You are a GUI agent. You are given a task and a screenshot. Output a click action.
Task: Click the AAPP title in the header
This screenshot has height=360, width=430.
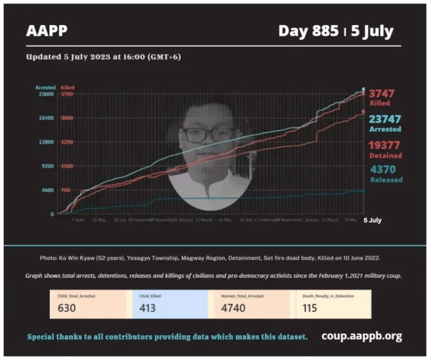(46, 30)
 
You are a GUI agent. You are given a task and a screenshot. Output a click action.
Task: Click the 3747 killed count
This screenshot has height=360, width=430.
(382, 93)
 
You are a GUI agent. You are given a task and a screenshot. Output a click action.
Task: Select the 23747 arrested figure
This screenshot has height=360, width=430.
(385, 119)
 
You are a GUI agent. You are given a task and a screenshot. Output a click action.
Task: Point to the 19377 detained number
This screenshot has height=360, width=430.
(385, 144)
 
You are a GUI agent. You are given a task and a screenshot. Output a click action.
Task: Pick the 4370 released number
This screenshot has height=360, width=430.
(386, 169)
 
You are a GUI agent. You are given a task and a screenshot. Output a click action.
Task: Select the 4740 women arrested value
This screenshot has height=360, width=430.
(232, 307)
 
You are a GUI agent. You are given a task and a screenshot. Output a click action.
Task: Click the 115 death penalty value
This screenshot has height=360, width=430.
(309, 307)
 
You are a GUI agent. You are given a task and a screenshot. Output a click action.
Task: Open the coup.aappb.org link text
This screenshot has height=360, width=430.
(362, 336)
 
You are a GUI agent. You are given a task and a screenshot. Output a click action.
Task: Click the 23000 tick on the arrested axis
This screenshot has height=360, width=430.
(45, 94)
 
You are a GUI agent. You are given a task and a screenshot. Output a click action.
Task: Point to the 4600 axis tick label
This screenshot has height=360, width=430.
(46, 190)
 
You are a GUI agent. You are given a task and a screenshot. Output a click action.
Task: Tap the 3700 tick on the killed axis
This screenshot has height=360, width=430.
(67, 94)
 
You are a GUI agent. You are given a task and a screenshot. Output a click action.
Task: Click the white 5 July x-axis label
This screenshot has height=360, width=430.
(372, 221)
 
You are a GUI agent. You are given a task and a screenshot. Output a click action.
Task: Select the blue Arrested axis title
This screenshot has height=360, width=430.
(45, 87)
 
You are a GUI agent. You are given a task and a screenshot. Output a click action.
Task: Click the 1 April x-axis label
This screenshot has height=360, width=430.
(78, 221)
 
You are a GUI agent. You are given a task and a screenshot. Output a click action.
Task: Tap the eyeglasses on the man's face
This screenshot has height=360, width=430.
(208, 134)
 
